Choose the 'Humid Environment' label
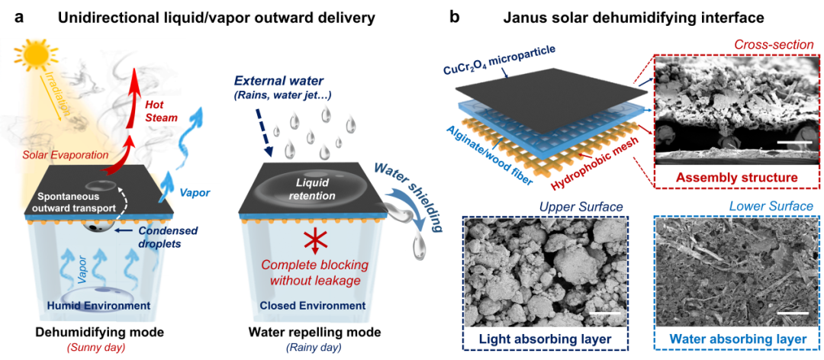pyautogui.click(x=93, y=307)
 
